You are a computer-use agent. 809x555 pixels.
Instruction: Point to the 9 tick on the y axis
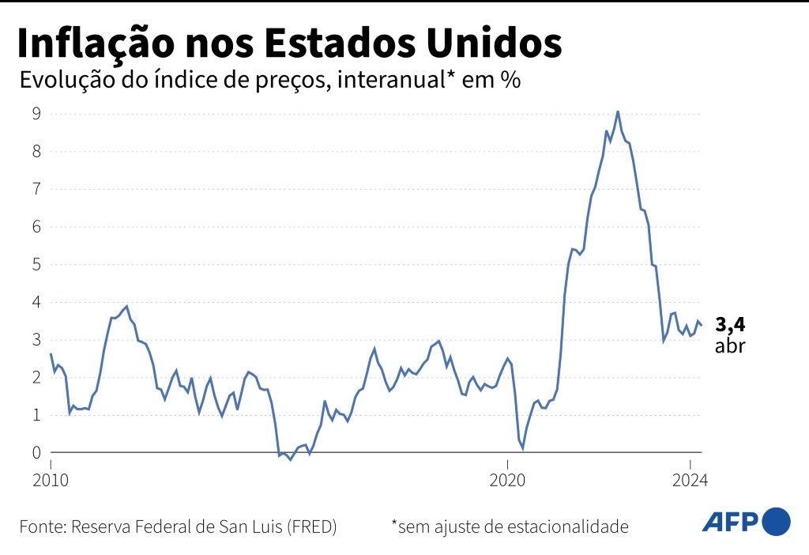36,113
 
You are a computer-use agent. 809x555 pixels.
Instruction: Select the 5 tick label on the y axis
36,264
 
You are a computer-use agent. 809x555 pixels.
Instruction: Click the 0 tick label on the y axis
36,453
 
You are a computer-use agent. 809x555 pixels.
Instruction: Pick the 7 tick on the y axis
36,189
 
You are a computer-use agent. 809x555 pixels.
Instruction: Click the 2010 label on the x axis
51,480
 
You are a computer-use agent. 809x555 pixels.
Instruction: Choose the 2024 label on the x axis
690,480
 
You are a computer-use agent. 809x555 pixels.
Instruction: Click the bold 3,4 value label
730,324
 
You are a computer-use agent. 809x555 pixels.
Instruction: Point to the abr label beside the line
730,345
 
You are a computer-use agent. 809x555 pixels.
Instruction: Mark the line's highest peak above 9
618,111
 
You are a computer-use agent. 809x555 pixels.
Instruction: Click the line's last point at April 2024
702,325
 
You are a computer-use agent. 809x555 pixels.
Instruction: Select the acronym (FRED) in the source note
311,527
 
